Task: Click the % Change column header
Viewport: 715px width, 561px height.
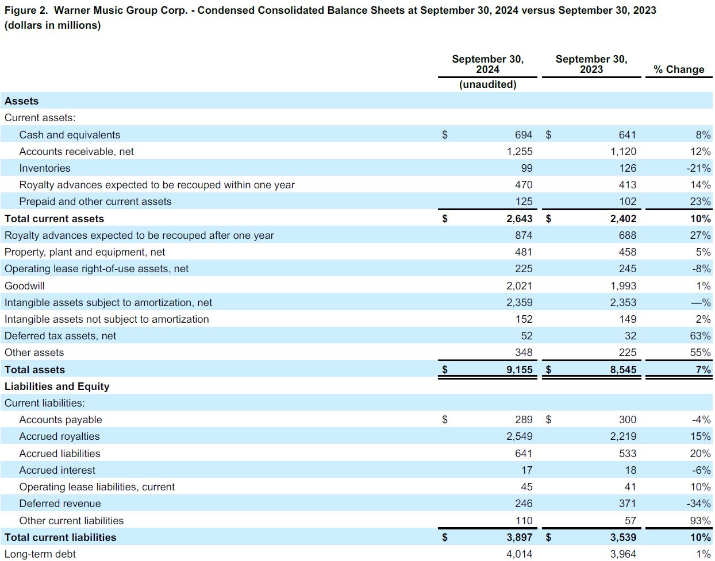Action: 678,69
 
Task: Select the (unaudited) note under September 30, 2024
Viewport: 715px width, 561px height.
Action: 487,84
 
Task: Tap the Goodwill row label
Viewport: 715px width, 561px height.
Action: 25,286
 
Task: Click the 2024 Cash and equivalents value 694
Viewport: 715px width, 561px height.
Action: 523,135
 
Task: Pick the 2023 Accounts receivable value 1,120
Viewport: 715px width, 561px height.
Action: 623,152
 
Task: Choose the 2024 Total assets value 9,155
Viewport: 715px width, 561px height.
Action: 519,370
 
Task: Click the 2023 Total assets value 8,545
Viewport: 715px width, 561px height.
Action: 623,370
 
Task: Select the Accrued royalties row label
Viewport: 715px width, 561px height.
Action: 59,436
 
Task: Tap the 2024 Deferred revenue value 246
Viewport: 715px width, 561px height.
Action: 523,504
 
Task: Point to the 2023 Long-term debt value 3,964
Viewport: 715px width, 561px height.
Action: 623,554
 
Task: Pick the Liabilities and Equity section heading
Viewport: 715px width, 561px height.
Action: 57,386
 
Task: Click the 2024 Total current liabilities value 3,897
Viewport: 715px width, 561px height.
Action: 519,537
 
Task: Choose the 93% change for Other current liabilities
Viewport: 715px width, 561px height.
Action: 700,521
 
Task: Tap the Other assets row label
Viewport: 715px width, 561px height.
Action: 34,353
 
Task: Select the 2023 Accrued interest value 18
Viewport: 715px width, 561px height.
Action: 630,470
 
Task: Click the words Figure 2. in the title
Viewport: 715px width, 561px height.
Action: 26,11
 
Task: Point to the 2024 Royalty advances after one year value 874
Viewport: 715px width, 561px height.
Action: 523,235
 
